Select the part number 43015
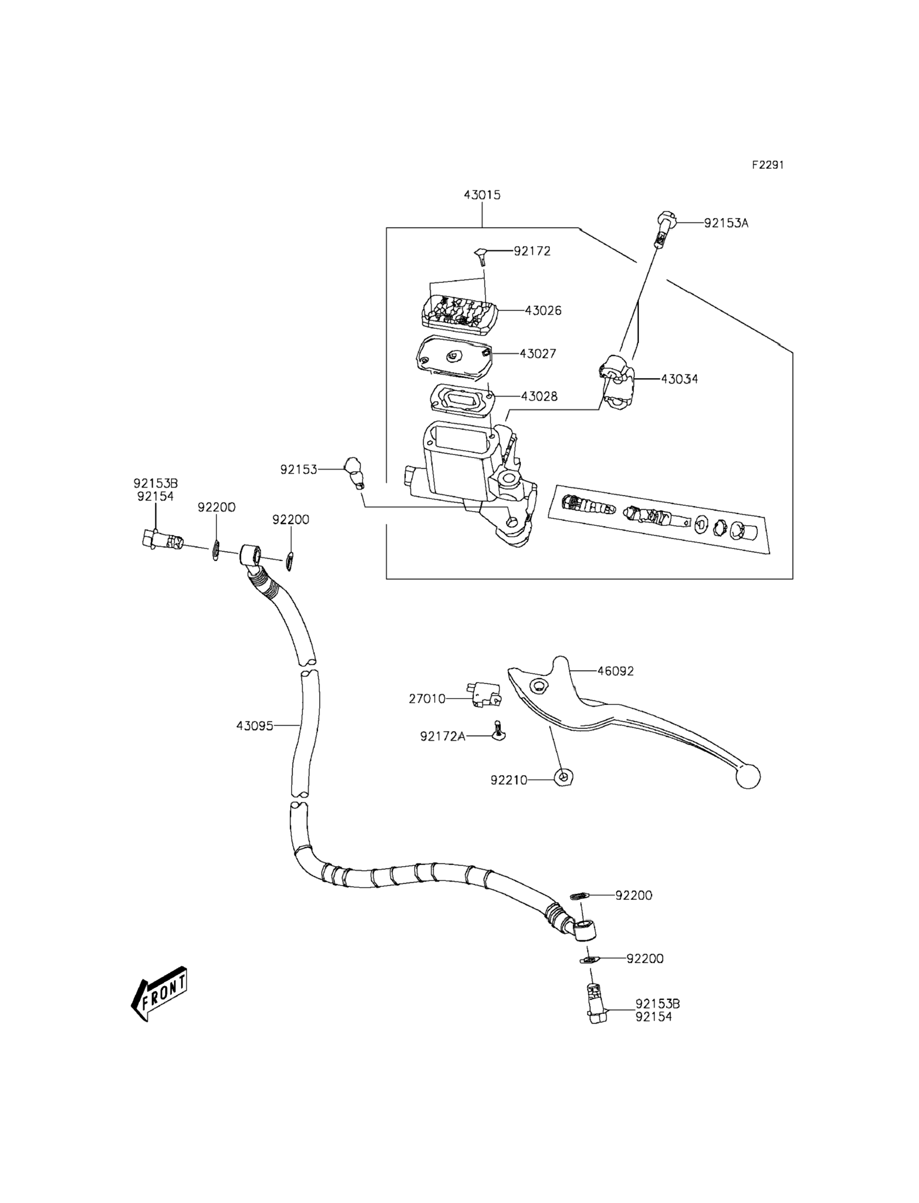[x=482, y=195]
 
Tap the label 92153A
[x=726, y=223]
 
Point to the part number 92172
[x=532, y=251]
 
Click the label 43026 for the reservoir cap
[x=543, y=311]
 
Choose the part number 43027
[x=538, y=354]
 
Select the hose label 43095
[x=254, y=726]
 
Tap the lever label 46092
[x=615, y=671]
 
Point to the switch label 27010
[x=427, y=699]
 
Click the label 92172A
[x=443, y=736]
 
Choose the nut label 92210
[x=509, y=780]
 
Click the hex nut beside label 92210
[x=563, y=777]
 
